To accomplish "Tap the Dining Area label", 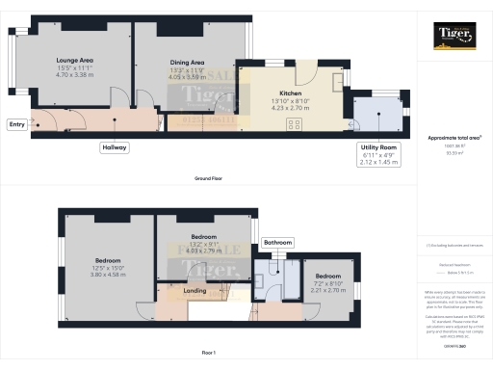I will [189, 62].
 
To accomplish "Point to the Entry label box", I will [16, 124].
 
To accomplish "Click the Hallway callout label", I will [115, 147].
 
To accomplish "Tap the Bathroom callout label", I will [278, 242].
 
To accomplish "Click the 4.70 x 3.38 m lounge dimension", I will [74, 74].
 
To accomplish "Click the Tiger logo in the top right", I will [453, 40].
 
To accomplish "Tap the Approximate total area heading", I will [453, 138].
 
